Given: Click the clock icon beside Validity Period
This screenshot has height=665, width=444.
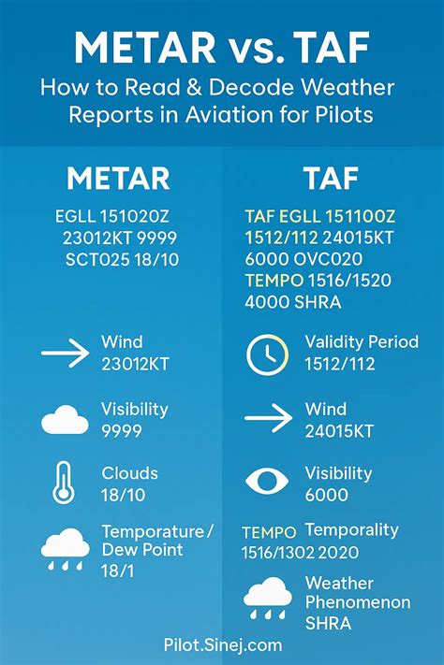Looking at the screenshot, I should pyautogui.click(x=265, y=354).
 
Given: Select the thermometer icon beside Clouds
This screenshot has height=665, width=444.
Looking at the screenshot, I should pyautogui.click(x=64, y=484).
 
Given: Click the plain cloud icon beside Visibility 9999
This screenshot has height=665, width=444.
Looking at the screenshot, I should pyautogui.click(x=65, y=419).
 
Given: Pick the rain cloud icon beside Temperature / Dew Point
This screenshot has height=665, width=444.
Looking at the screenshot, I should pyautogui.click(x=65, y=549).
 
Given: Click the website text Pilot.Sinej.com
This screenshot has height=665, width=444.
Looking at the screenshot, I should pyautogui.click(x=222, y=644).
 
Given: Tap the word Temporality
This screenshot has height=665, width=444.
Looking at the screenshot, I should pyautogui.click(x=350, y=530).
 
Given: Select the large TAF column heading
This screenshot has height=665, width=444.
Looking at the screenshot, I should pyautogui.click(x=332, y=178).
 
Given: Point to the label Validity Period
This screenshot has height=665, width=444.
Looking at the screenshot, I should pyautogui.click(x=361, y=342).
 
